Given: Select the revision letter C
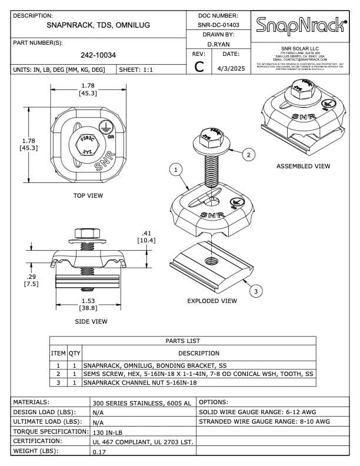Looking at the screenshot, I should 199,67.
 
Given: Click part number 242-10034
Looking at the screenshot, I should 98,55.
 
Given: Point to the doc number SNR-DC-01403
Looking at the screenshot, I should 218,25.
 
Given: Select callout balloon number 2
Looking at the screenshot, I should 249,155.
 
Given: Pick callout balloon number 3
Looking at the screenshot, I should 255,291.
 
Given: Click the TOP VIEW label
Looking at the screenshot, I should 88,195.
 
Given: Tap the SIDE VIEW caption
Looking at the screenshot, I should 91,322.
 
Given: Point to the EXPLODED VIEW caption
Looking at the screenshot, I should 212,301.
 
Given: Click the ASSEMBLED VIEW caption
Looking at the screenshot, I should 303,167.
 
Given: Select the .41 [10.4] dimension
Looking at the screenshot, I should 146,236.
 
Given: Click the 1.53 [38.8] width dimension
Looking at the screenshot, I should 89,304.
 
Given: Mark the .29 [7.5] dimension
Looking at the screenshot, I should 31,280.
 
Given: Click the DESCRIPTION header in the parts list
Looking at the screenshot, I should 198,354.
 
